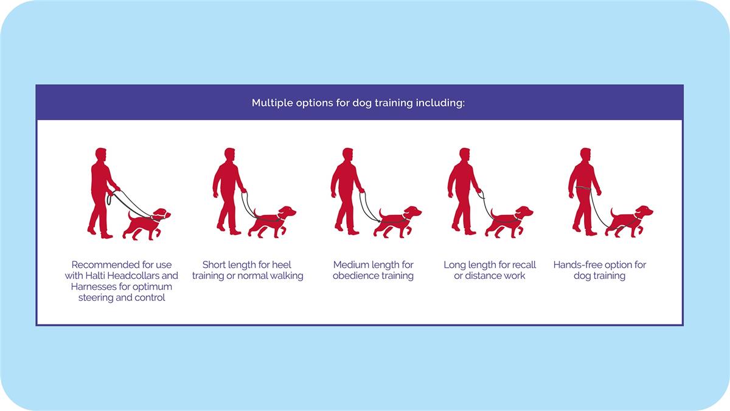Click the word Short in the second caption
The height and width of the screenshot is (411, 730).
tap(214, 264)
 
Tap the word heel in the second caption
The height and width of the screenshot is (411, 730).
tap(282, 264)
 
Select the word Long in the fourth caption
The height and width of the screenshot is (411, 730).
tap(454, 265)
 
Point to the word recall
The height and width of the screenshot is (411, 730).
tap(524, 264)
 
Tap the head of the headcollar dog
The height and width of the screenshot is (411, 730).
tap(161, 214)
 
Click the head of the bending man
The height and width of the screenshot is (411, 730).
tap(101, 155)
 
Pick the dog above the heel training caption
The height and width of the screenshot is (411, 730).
tap(272, 221)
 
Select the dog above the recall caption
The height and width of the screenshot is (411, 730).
tap(509, 221)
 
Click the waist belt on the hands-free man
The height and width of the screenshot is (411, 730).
tap(585, 188)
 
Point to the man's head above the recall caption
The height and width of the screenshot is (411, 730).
tap(464, 155)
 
